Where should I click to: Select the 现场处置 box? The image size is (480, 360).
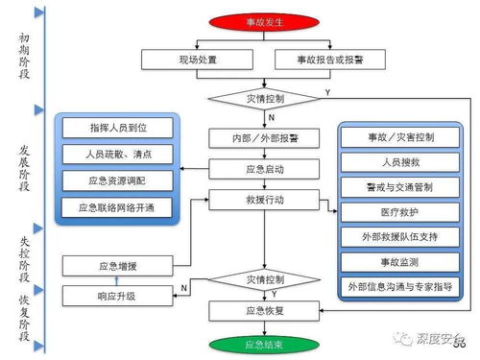[x=199, y=60]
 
